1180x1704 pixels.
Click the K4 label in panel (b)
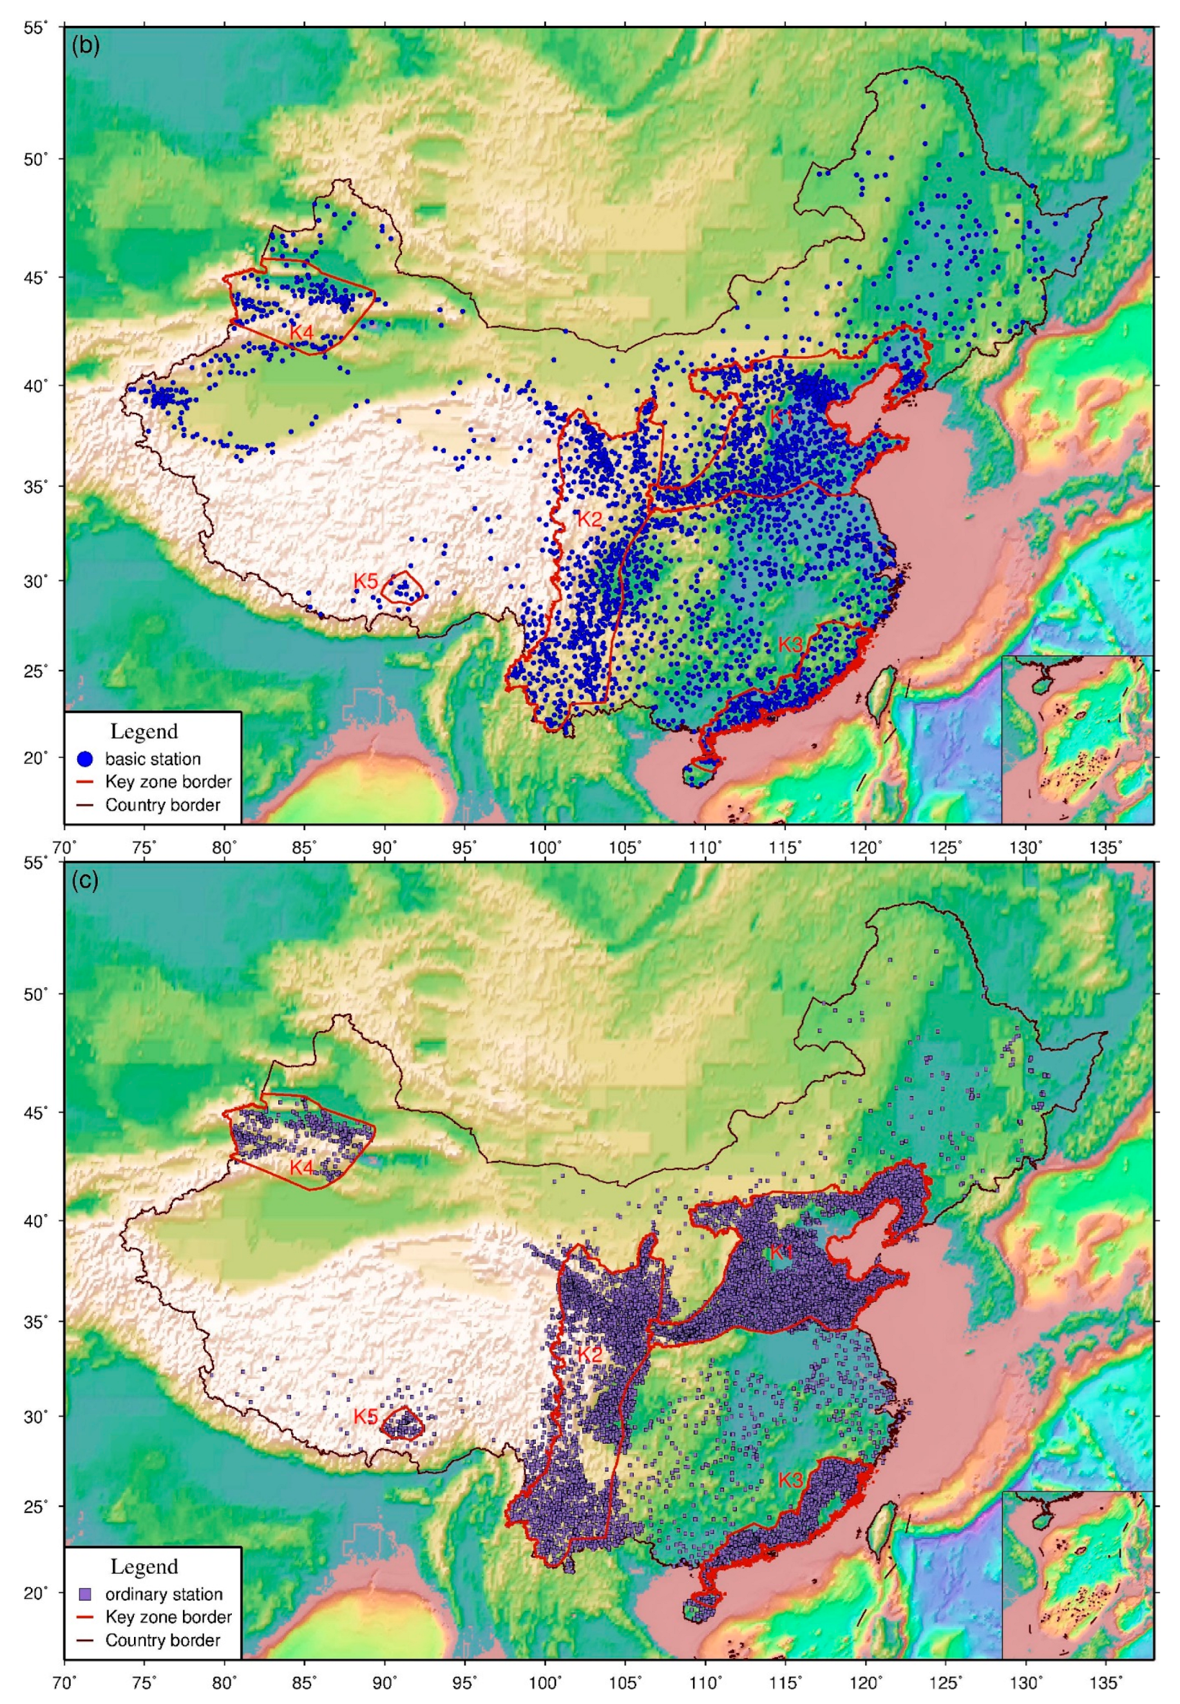coord(301,332)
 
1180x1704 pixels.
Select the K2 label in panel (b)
coord(589,519)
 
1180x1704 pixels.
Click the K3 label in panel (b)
coord(790,644)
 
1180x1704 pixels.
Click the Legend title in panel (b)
coord(144,732)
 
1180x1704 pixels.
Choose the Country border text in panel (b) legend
coord(163,804)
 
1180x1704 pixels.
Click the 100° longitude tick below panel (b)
coord(545,845)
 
